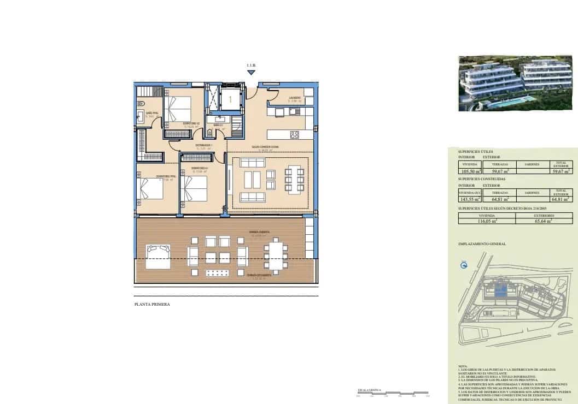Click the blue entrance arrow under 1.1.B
click(x=251, y=72)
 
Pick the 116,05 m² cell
click(x=486, y=221)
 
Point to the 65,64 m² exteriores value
click(x=544, y=221)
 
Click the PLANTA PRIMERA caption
click(x=152, y=304)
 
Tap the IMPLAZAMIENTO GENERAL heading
click(x=482, y=244)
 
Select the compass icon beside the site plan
click(x=464, y=265)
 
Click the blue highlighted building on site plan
click(x=500, y=290)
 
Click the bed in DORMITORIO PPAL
click(x=150, y=191)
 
